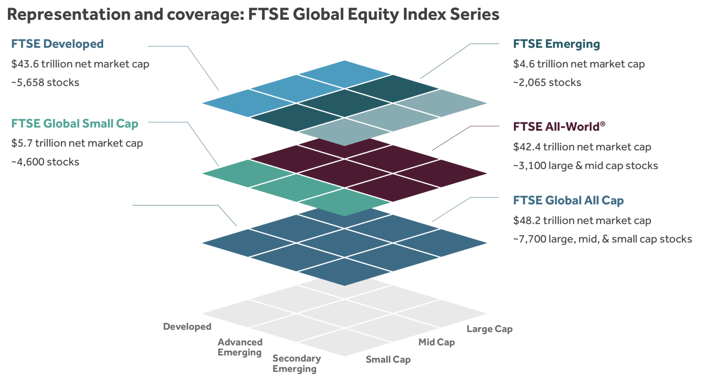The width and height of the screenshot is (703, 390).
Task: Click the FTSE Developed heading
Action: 57,44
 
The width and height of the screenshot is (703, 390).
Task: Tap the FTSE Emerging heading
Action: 556,44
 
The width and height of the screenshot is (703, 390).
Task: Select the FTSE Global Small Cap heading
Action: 75,124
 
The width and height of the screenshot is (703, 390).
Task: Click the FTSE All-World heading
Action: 559,127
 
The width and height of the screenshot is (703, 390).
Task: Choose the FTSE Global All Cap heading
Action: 568,200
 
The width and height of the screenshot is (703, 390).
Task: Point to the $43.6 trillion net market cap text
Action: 80,64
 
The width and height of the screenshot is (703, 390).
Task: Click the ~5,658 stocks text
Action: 45,83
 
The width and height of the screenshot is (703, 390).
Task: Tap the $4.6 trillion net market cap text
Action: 579,64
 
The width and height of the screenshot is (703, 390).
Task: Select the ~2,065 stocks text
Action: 547,83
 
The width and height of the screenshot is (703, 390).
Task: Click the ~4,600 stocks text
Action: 45,162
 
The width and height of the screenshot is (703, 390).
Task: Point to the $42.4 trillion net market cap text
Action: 582,147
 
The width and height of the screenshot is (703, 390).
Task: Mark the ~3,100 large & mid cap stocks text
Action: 585,166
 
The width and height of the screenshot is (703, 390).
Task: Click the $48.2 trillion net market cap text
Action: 582,220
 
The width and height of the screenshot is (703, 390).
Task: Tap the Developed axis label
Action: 187,326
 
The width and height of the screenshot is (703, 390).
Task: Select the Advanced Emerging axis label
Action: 240,347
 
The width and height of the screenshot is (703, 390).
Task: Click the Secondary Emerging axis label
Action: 296,363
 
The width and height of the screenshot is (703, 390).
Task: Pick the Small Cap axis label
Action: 388,359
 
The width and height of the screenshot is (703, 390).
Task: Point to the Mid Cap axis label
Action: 436,342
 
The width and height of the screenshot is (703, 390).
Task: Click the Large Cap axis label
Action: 489,329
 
